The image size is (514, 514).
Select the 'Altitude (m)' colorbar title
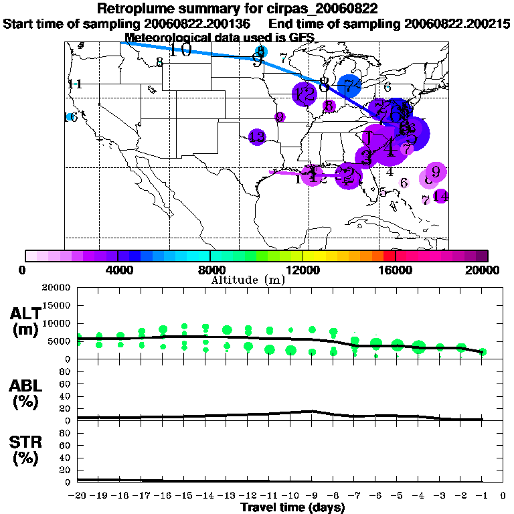point(248,279)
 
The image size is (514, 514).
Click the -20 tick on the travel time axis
point(78,496)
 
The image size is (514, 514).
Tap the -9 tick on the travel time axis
point(312,496)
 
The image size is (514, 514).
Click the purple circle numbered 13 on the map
point(257,138)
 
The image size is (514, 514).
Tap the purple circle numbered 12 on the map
point(305,94)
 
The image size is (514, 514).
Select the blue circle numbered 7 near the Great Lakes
point(349,86)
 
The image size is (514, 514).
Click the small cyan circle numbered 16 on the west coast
point(70,117)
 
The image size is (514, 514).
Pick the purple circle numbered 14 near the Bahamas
point(440,196)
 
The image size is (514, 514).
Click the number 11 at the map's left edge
point(74,84)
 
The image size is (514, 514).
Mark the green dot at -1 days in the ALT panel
point(483,352)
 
